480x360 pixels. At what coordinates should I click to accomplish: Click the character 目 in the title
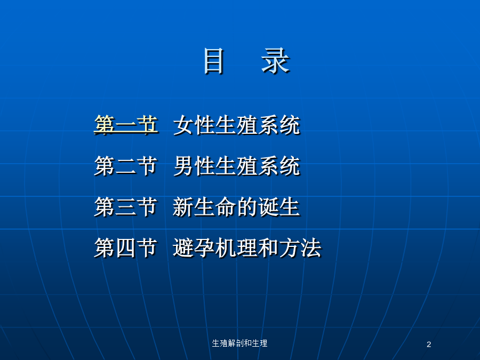[214, 61]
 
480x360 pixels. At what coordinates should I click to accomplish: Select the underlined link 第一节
[126, 125]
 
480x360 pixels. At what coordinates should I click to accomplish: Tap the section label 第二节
[126, 166]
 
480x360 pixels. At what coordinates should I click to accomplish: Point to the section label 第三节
[126, 206]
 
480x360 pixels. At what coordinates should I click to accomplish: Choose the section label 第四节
[126, 247]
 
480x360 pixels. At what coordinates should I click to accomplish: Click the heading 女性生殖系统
[237, 125]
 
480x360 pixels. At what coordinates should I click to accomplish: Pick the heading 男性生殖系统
[237, 166]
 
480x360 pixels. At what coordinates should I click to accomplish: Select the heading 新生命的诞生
[236, 207]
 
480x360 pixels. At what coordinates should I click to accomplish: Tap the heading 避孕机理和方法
[247, 248]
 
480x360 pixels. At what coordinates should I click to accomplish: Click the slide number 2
[429, 345]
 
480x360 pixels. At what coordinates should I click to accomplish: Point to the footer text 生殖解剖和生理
[239, 343]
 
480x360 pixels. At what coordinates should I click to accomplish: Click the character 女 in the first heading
[183, 125]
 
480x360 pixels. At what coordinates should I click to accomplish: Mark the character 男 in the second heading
[183, 166]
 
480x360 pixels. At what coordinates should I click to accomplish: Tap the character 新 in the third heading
[183, 207]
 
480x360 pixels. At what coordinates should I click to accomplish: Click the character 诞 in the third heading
[268, 207]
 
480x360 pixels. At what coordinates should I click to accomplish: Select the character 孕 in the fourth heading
[204, 248]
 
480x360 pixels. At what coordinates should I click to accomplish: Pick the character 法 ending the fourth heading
[311, 248]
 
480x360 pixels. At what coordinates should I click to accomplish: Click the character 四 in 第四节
[126, 248]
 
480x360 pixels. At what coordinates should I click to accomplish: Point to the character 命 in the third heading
[226, 207]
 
